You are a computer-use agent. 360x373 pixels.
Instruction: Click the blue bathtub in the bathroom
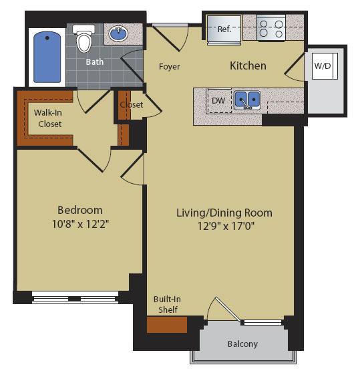coord(47,56)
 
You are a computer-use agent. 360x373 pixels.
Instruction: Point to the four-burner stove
coord(272,29)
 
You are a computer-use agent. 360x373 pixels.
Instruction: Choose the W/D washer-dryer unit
coord(323,66)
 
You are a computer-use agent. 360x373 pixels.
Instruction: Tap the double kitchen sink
coord(246,100)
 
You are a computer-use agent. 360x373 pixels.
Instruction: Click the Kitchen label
coord(248,66)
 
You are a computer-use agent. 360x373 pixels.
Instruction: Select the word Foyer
coord(170,67)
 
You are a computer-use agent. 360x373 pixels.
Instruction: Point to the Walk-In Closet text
coord(48,118)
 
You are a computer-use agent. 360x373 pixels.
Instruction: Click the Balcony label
coord(241,344)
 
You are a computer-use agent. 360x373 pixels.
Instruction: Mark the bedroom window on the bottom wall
coord(75,293)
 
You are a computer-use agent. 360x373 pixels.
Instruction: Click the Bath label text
coord(94,62)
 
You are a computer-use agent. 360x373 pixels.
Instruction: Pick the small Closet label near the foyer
coord(132,105)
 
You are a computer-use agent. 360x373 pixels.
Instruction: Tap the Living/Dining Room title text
coord(224,213)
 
